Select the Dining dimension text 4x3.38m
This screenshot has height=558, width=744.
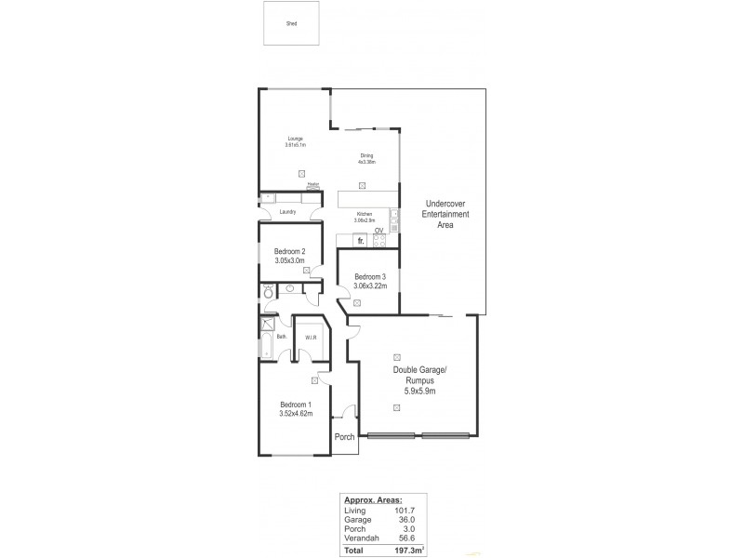[366, 162]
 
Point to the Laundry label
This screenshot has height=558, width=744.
[288, 212]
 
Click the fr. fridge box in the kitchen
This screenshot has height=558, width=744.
[359, 240]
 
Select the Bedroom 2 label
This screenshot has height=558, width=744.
[290, 252]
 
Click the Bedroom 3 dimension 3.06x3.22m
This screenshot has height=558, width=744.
[369, 286]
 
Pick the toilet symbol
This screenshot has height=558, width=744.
[268, 294]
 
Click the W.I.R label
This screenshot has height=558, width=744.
[311, 337]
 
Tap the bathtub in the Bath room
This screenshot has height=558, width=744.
[267, 348]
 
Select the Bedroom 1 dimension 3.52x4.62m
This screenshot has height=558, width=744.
[296, 414]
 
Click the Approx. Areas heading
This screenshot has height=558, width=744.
[372, 500]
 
